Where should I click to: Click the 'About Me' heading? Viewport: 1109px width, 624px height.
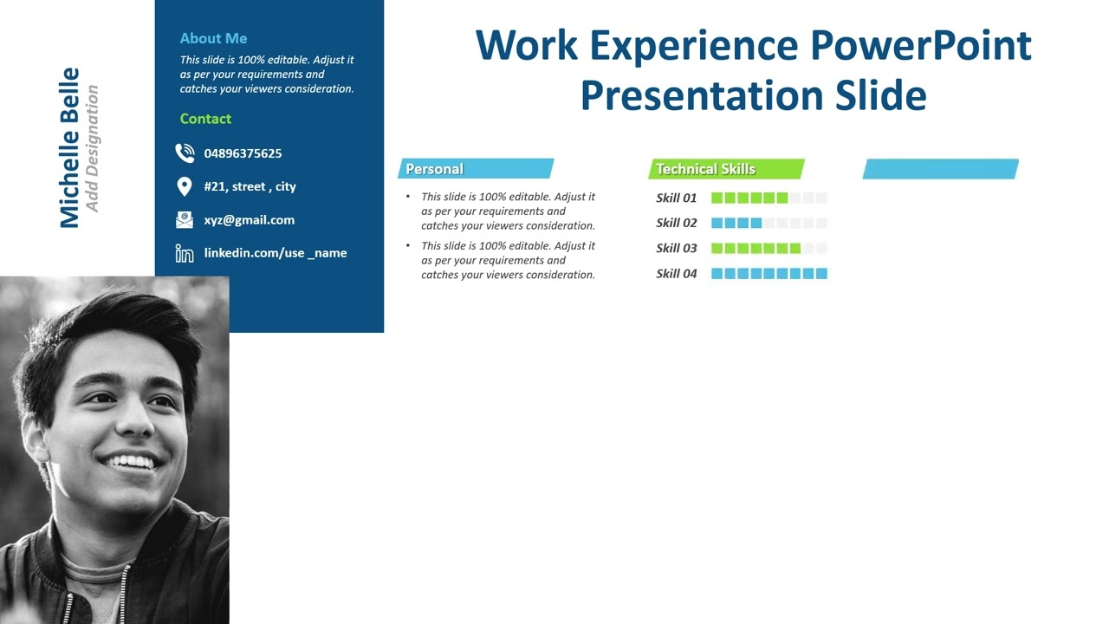[213, 38]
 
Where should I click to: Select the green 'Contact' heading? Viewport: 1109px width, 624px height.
[205, 119]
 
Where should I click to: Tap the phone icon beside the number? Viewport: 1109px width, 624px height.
[185, 153]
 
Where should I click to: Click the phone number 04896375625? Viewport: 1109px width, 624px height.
[243, 153]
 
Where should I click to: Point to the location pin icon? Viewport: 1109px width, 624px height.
[184, 186]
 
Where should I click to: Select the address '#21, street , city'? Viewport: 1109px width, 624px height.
[250, 186]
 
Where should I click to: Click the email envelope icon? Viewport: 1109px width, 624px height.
[185, 220]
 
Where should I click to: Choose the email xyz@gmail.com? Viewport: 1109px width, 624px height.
[249, 220]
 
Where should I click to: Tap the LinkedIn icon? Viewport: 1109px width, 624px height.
[185, 253]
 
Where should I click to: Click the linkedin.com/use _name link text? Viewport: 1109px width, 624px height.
[275, 253]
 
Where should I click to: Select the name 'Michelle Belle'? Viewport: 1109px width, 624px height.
[69, 148]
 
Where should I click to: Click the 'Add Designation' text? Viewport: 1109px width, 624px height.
[92, 148]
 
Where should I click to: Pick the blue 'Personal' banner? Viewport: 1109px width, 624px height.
[475, 169]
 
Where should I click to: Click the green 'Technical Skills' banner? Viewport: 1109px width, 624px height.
[726, 169]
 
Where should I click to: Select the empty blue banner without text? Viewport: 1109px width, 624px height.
[940, 169]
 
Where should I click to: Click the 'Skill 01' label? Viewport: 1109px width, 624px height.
[676, 198]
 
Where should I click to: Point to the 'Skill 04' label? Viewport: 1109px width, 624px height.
[676, 273]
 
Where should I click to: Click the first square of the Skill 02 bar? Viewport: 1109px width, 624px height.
[717, 223]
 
